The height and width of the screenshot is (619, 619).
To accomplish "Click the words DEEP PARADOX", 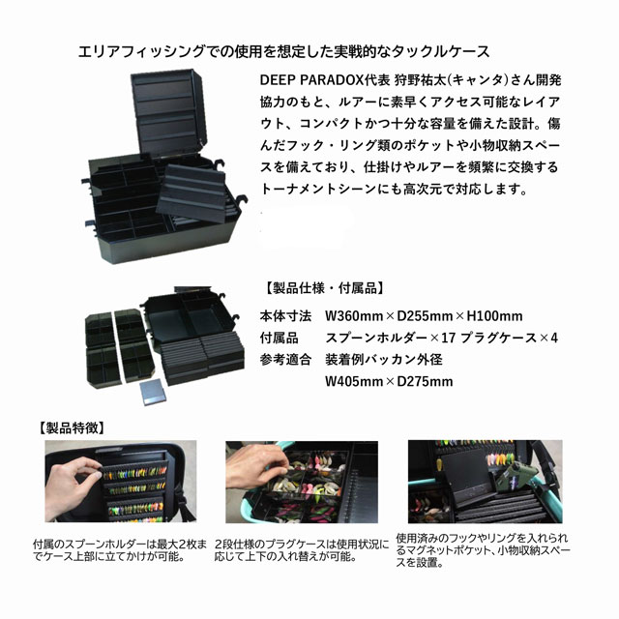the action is pyautogui.click(x=311, y=80).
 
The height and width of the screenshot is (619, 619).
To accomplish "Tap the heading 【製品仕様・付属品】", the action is pyautogui.click(x=323, y=288).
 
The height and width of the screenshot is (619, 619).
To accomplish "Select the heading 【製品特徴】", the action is pyautogui.click(x=72, y=427).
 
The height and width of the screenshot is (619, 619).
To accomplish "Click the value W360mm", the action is pyautogui.click(x=354, y=316).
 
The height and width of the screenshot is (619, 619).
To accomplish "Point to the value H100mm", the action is pyautogui.click(x=494, y=316).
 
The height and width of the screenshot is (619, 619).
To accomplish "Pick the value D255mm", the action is pyautogui.click(x=425, y=316).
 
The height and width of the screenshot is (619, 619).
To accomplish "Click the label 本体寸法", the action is pyautogui.click(x=285, y=316).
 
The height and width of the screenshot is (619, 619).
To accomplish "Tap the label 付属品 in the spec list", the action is pyautogui.click(x=280, y=338).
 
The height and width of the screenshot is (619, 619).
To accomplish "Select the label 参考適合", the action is pyautogui.click(x=285, y=360).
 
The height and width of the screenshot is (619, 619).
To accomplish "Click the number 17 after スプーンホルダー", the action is pyautogui.click(x=449, y=338).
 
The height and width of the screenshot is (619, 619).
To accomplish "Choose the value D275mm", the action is pyautogui.click(x=425, y=382).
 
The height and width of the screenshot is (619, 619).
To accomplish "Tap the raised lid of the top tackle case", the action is pyautogui.click(x=168, y=111).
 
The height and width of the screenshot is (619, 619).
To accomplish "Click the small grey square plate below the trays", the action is pyautogui.click(x=153, y=393).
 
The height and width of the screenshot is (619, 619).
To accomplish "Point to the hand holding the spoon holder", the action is pyautogui.click(x=74, y=486).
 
